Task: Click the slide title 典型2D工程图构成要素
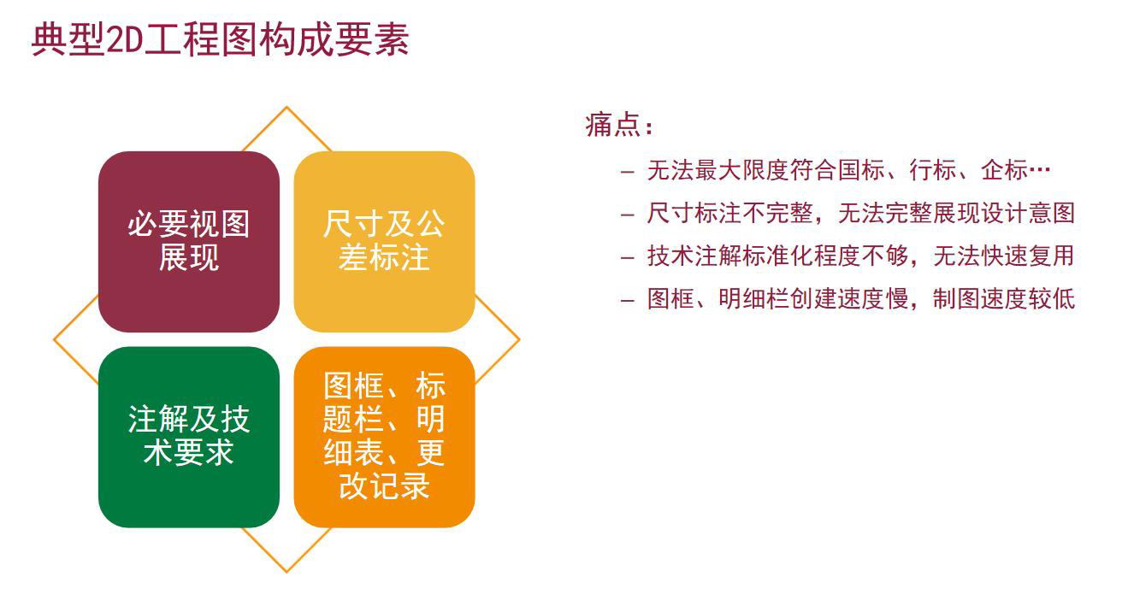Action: [x=221, y=39]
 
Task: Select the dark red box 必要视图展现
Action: [x=189, y=241]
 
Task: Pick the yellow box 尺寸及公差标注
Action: [x=384, y=241]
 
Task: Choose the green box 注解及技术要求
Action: [x=189, y=437]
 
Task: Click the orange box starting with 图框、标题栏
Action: [x=384, y=437]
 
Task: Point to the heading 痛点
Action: [x=618, y=125]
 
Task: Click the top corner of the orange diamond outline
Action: [x=286, y=107]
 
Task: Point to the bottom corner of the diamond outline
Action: [x=286, y=572]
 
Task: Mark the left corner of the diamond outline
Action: [x=54, y=339]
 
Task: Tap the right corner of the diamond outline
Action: [x=519, y=339]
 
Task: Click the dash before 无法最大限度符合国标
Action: [x=627, y=172]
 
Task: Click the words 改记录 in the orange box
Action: [x=384, y=486]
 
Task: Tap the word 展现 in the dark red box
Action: [x=189, y=257]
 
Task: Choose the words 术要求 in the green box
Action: [x=189, y=452]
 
